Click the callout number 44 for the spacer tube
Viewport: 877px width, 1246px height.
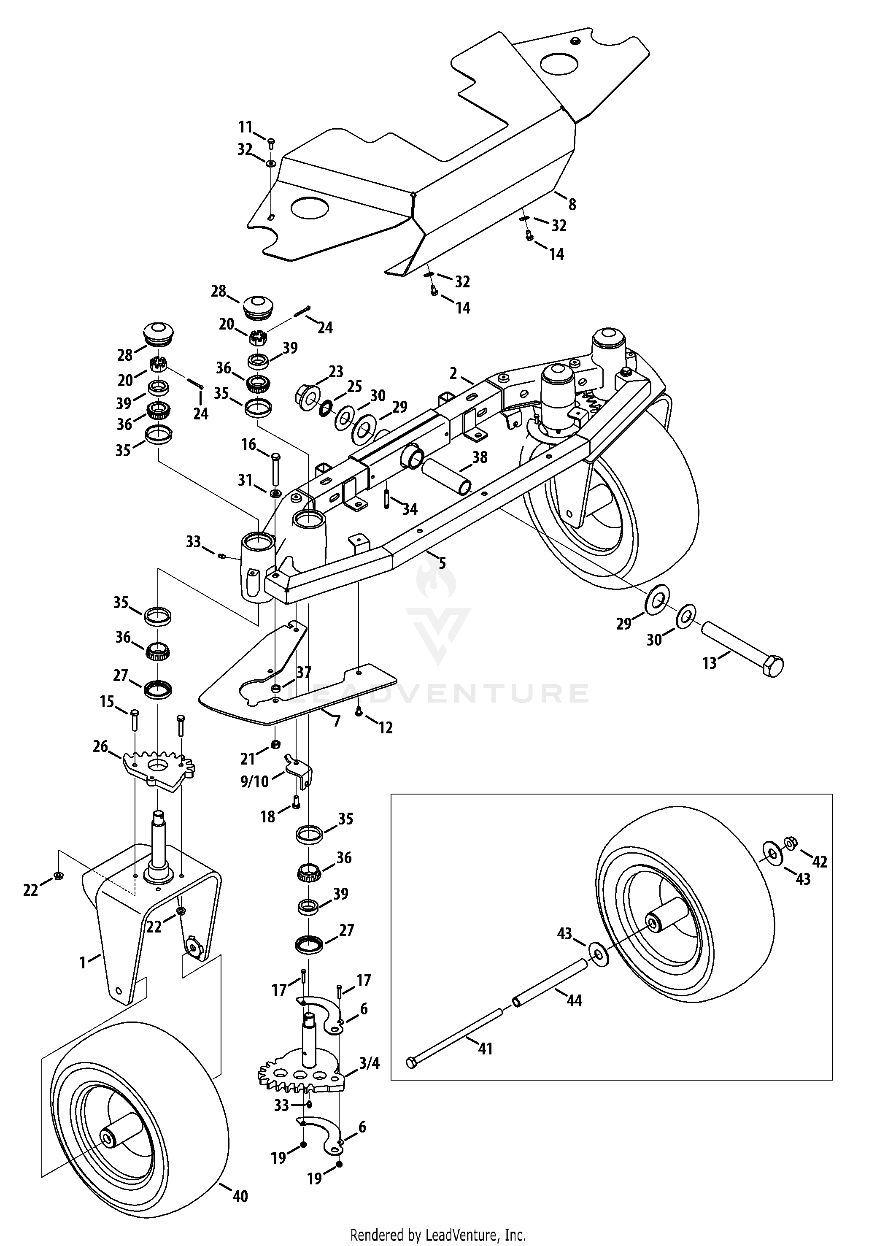pos(574,1000)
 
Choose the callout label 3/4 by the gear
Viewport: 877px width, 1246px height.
pos(370,1063)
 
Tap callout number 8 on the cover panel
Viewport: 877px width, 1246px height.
pos(572,205)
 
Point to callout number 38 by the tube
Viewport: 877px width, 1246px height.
pos(480,457)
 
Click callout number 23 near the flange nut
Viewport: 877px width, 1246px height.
pos(336,372)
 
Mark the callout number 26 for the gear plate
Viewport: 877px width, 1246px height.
pos(100,748)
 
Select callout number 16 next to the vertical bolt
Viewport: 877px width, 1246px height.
pos(248,445)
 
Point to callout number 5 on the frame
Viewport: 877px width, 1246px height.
pos(443,563)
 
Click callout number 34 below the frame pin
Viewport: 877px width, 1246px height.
pos(410,509)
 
